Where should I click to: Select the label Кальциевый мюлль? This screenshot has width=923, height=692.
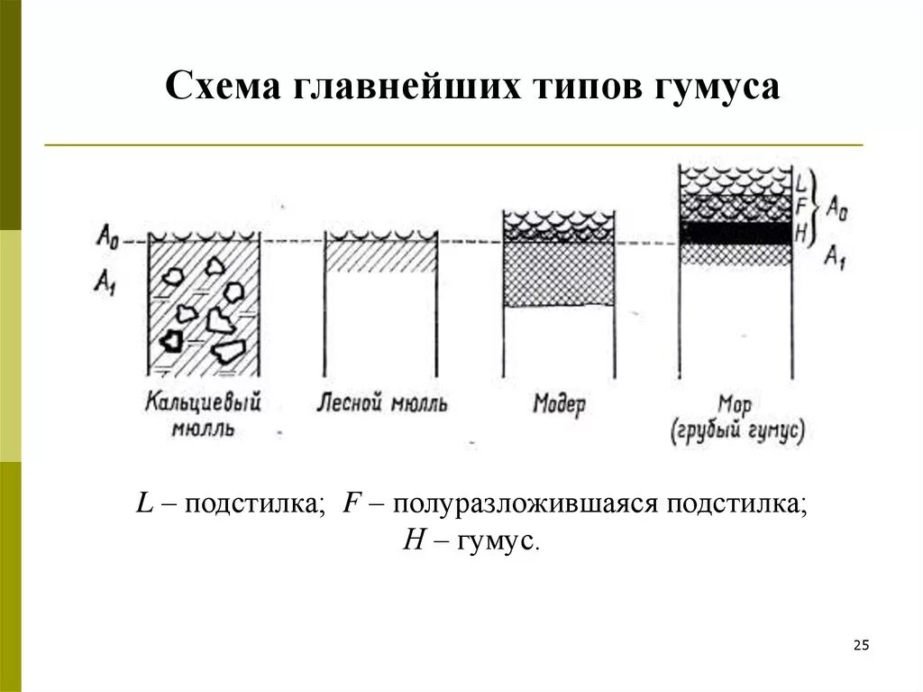click(203, 413)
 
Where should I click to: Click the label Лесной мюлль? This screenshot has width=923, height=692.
click(381, 402)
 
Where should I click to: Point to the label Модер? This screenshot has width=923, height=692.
click(559, 402)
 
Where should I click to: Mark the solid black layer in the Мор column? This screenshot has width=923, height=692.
click(736, 232)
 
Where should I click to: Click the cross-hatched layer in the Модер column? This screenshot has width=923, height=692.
click(559, 274)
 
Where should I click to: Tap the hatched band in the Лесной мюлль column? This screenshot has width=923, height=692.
click(380, 256)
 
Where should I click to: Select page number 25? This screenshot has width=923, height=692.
click(860, 644)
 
